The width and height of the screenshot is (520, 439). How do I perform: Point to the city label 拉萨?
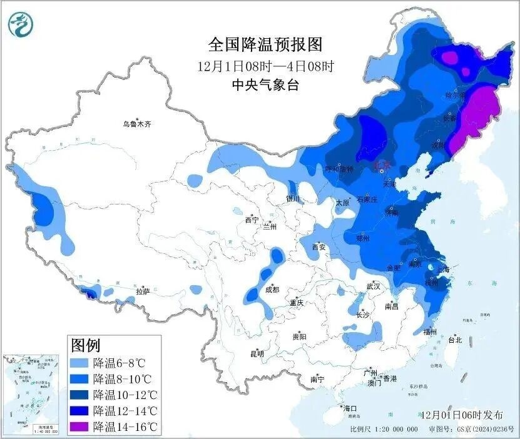pyautogui.click(x=143, y=291)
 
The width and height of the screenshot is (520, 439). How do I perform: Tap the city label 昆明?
pyautogui.click(x=257, y=354)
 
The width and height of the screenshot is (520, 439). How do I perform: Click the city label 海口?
pyautogui.click(x=349, y=408)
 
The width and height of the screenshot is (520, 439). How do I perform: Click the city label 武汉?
pyautogui.click(x=374, y=286)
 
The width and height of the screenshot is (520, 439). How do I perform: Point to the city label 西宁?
pyautogui.click(x=251, y=220)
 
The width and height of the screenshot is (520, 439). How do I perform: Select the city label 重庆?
pyautogui.click(x=296, y=303)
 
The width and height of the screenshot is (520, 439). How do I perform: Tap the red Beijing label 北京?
pyautogui.click(x=381, y=166)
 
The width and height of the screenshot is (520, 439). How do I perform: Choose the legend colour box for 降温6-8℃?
pyautogui.click(x=79, y=363)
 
